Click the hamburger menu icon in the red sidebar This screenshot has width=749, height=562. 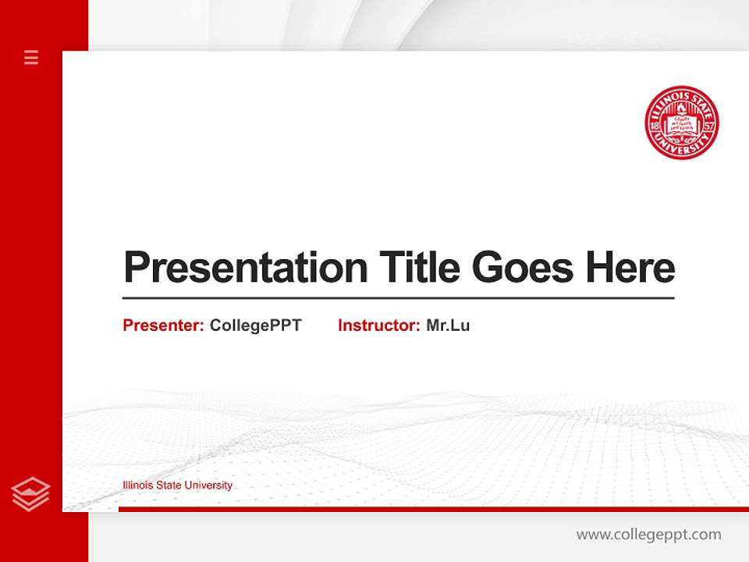[31, 57]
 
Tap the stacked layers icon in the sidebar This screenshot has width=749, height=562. [31, 494]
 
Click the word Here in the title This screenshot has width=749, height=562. [630, 268]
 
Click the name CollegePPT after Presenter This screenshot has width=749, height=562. [255, 325]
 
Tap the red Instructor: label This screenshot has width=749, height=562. [379, 325]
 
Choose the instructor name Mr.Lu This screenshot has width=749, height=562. [448, 325]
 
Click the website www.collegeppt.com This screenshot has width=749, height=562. [648, 535]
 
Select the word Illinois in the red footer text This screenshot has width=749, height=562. [138, 486]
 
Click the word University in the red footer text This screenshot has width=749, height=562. [208, 486]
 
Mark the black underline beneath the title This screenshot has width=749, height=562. [398, 298]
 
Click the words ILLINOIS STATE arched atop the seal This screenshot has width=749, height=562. [682, 96]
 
